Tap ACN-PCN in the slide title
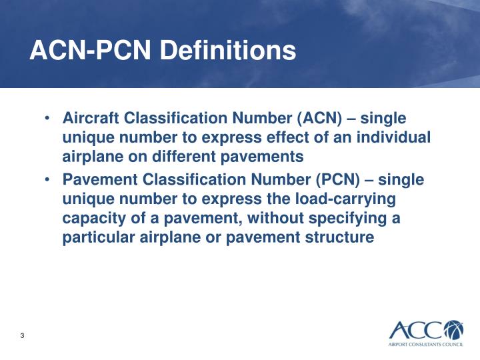94,51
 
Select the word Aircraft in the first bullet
89,119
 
